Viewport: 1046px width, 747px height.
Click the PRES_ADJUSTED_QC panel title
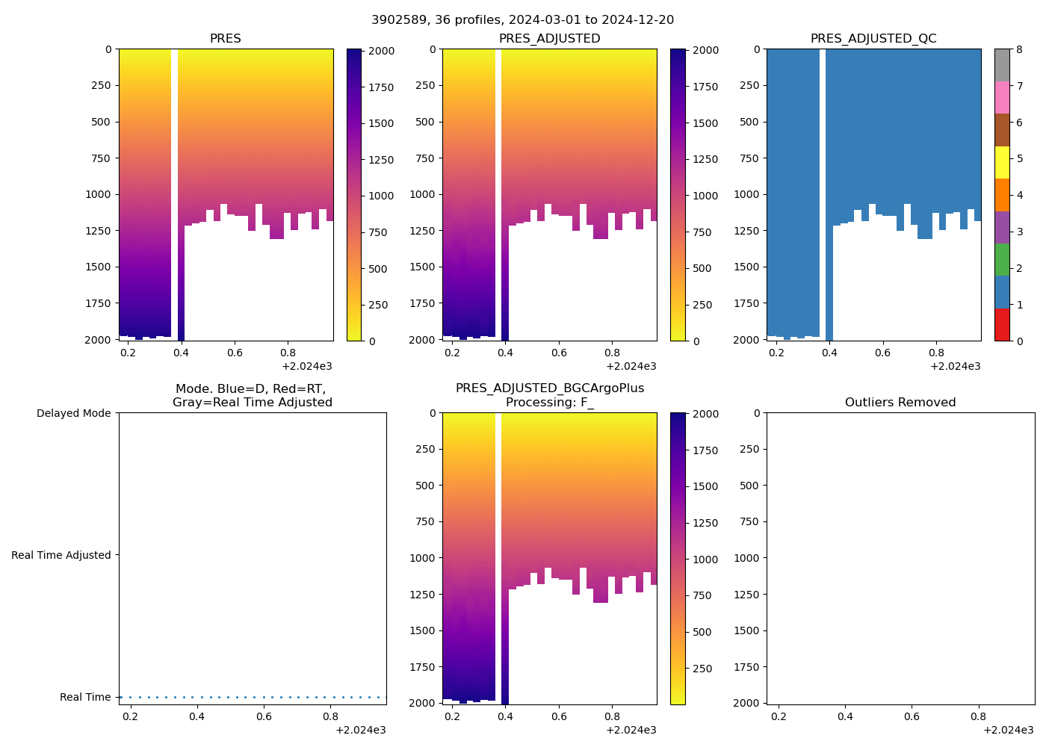coord(873,39)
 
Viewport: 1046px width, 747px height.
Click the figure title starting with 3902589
coord(522,20)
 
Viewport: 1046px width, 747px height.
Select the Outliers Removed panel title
coord(900,403)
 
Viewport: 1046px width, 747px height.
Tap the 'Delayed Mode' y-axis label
coord(73,413)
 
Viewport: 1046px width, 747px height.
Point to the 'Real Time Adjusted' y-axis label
coord(61,555)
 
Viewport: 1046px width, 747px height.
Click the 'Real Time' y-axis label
coord(85,697)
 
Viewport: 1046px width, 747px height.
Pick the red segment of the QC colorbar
coord(1002,325)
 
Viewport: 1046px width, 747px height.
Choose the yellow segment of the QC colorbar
coord(1002,162)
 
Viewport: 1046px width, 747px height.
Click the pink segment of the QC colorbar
coord(1002,97)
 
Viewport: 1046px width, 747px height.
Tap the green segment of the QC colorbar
coord(1002,259)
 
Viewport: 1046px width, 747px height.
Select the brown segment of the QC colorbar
coord(1002,130)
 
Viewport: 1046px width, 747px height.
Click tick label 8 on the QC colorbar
coord(1019,50)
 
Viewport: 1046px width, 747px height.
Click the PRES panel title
coord(226,39)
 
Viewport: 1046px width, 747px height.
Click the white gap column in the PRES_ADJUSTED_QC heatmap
coord(823,187)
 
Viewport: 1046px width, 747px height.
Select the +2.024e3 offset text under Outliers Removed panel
coord(1008,730)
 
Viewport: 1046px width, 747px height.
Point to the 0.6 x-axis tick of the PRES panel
coord(235,353)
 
